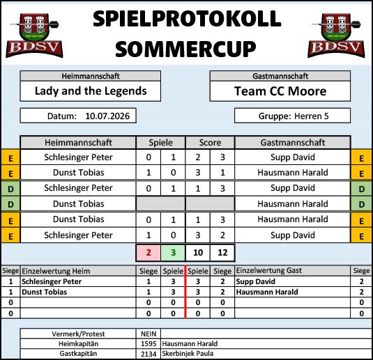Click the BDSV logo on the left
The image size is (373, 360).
pyautogui.click(x=34, y=36)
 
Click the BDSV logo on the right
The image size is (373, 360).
pyautogui.click(x=336, y=36)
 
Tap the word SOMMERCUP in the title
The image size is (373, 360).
pyautogui.click(x=185, y=49)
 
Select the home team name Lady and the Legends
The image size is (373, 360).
pyautogui.click(x=91, y=91)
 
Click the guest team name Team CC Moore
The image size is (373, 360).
pyautogui.click(x=280, y=91)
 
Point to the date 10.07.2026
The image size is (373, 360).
pyautogui.click(x=107, y=116)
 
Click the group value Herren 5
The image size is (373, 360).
pyautogui.click(x=312, y=116)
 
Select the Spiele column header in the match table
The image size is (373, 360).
pyautogui.click(x=160, y=143)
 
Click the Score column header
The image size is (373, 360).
pyautogui.click(x=210, y=143)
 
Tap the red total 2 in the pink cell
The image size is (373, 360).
pyautogui.click(x=149, y=252)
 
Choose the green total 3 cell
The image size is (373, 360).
pyautogui.click(x=173, y=252)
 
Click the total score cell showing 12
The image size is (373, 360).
pyautogui.click(x=222, y=252)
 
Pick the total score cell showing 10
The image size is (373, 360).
pyautogui.click(x=198, y=252)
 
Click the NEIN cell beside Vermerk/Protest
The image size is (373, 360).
pyautogui.click(x=149, y=334)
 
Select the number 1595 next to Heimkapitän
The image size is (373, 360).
pyautogui.click(x=149, y=343)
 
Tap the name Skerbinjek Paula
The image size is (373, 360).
pyautogui.click(x=188, y=354)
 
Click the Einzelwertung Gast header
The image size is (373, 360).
pyautogui.click(x=269, y=270)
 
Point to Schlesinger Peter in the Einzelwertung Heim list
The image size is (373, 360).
pyautogui.click(x=52, y=281)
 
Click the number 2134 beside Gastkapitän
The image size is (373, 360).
pyautogui.click(x=149, y=354)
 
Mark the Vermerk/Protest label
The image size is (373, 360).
pyautogui.click(x=78, y=334)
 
